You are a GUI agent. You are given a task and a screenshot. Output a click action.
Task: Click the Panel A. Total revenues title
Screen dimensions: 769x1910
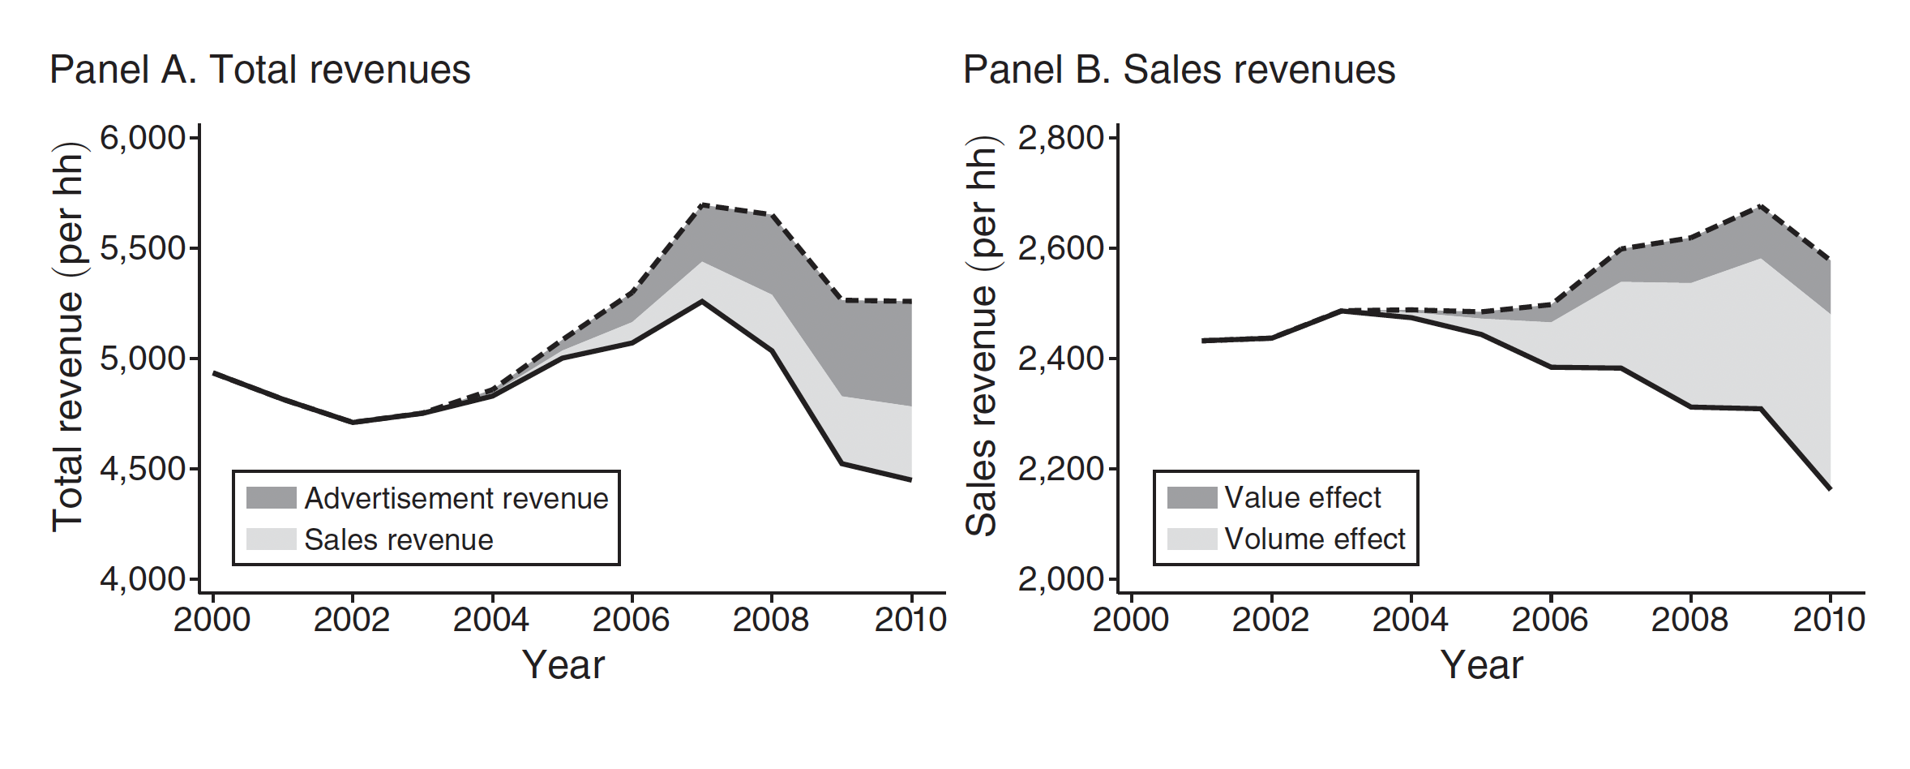click(259, 70)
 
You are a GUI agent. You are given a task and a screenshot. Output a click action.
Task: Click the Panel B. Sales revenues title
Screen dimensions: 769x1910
click(1179, 70)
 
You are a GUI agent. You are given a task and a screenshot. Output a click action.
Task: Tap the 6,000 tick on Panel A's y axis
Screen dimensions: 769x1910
click(143, 138)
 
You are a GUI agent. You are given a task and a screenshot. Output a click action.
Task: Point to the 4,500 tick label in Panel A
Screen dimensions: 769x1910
click(143, 469)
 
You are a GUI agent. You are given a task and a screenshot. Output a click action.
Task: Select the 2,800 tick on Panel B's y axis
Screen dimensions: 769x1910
click(1061, 138)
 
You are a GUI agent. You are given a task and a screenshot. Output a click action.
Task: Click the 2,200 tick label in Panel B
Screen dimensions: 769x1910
click(1061, 469)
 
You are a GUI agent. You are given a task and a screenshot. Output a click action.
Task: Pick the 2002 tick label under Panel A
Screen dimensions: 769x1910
click(352, 620)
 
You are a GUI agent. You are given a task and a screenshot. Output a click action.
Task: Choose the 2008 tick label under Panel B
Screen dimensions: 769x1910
click(1689, 620)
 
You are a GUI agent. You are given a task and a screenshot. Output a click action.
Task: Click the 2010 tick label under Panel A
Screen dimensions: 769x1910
click(910, 620)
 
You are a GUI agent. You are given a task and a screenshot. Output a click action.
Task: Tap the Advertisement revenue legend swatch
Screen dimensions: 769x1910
click(272, 498)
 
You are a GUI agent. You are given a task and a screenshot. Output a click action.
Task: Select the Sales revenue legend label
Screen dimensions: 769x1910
click(399, 539)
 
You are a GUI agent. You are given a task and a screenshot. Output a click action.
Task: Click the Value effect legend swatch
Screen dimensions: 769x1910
click(1192, 497)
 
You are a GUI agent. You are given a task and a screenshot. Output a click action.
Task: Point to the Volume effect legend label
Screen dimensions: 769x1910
click(1315, 539)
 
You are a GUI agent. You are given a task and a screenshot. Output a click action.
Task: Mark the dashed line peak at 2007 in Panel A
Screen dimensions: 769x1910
click(701, 204)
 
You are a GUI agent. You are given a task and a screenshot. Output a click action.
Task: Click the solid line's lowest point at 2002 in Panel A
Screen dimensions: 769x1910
click(353, 422)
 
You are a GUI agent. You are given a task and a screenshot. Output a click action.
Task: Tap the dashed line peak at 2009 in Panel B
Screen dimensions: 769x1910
click(1760, 206)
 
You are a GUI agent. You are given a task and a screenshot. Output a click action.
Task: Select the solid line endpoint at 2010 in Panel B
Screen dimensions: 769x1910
click(1830, 488)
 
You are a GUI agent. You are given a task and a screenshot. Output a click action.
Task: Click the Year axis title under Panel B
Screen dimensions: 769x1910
click(1481, 665)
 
